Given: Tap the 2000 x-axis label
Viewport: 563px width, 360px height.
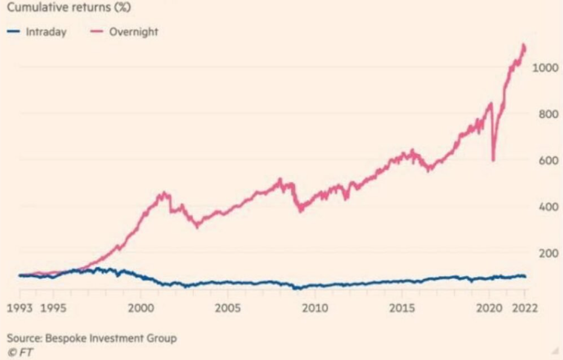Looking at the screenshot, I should (141, 307).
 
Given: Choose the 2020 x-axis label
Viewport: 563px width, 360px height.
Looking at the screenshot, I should (489, 307).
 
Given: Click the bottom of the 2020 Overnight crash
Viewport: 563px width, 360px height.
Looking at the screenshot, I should (493, 160).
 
